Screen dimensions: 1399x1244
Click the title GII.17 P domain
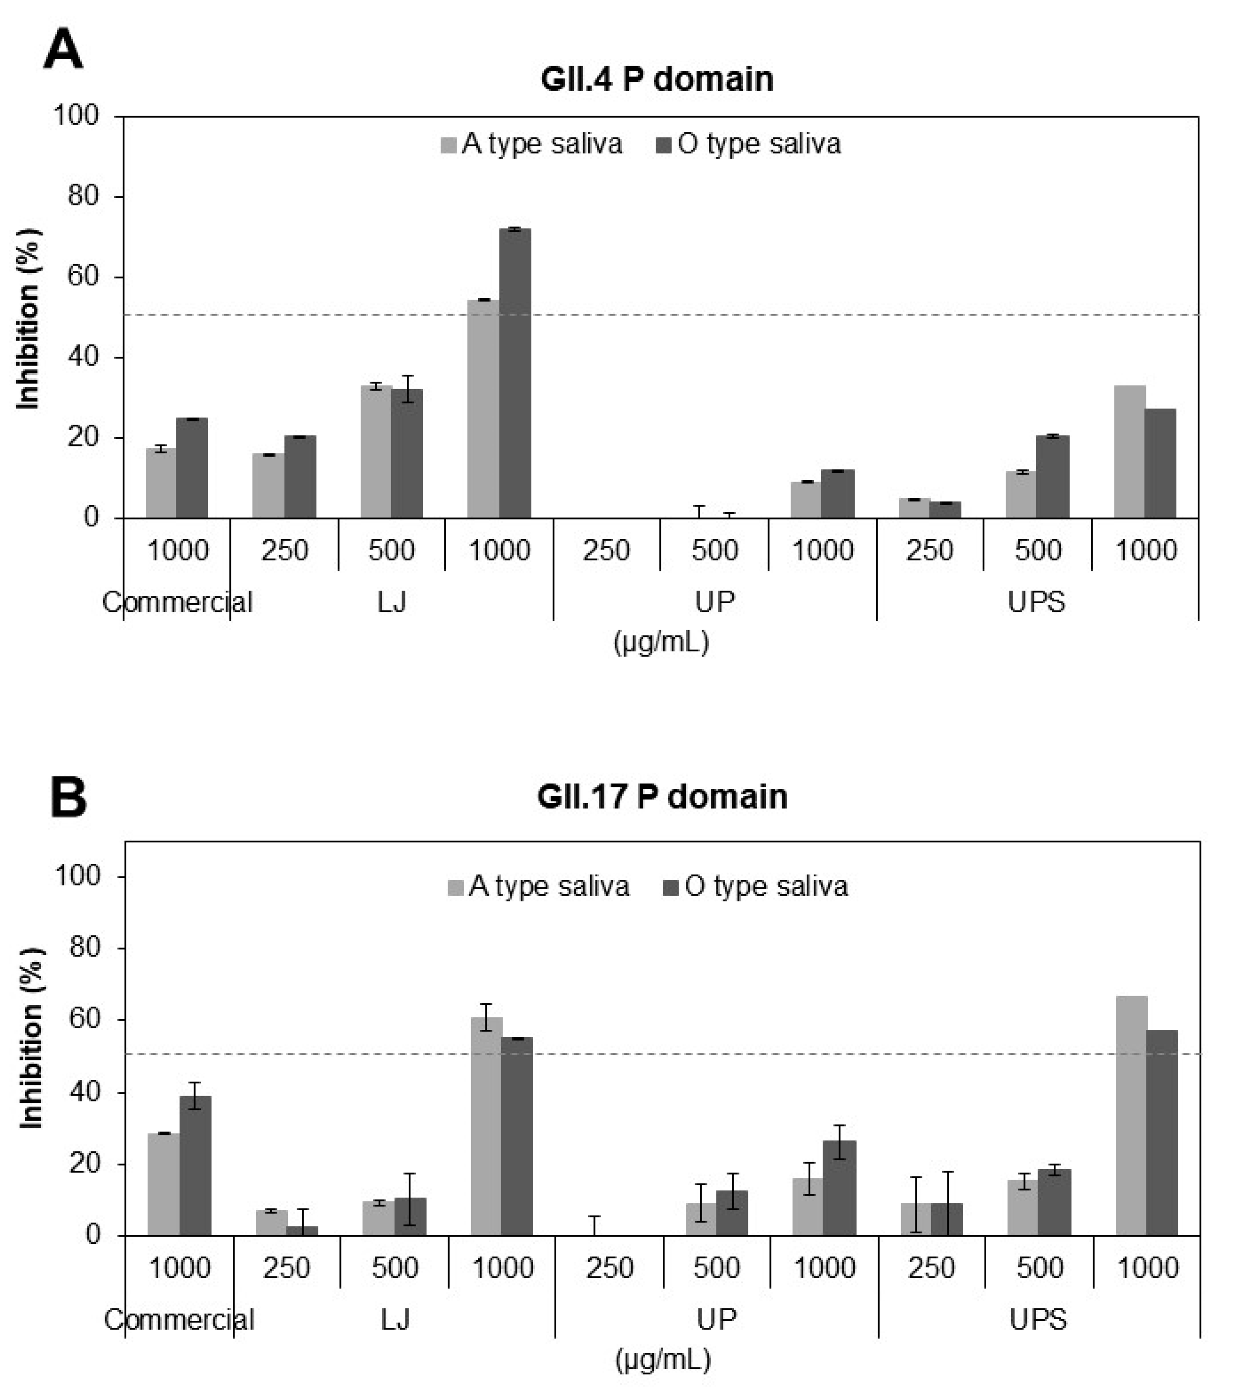tap(662, 797)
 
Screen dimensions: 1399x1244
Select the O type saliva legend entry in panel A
tap(748, 144)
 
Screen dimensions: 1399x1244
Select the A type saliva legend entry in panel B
tap(539, 886)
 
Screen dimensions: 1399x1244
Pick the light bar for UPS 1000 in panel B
tap(1131, 1116)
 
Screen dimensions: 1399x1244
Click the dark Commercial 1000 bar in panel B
tap(195, 1166)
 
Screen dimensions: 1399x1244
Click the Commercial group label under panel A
tap(177, 602)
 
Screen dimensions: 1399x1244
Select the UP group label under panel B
tap(716, 1319)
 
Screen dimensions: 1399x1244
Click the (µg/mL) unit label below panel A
tap(661, 642)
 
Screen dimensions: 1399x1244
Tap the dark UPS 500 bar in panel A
tap(1052, 477)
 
